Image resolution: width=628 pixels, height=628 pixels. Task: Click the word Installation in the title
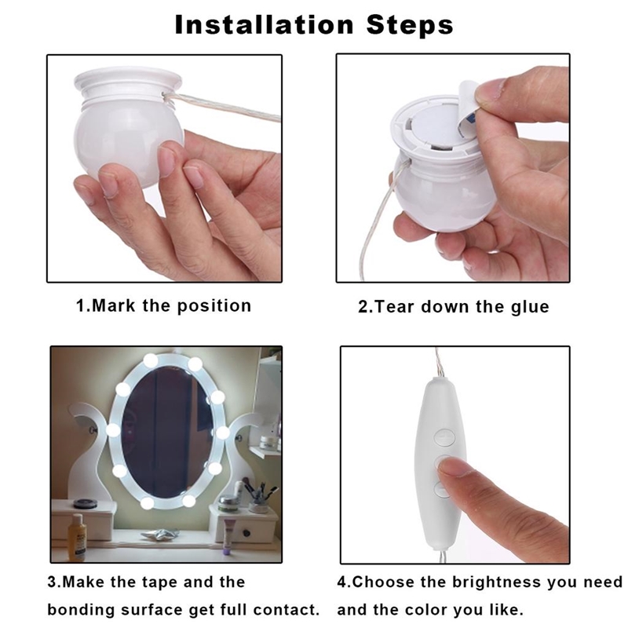265,24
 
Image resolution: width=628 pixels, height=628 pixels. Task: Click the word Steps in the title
410,25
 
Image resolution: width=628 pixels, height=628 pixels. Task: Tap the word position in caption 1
214,306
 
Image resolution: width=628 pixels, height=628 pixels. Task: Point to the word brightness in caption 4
496,582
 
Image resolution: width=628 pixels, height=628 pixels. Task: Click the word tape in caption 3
157,582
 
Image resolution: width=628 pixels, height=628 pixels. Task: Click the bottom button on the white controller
442,489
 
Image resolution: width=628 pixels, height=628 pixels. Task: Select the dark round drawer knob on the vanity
246,533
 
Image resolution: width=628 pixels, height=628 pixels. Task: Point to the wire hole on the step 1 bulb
164,95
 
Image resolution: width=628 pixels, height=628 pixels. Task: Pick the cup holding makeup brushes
257,506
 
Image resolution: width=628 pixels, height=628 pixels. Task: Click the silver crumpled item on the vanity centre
159,534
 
